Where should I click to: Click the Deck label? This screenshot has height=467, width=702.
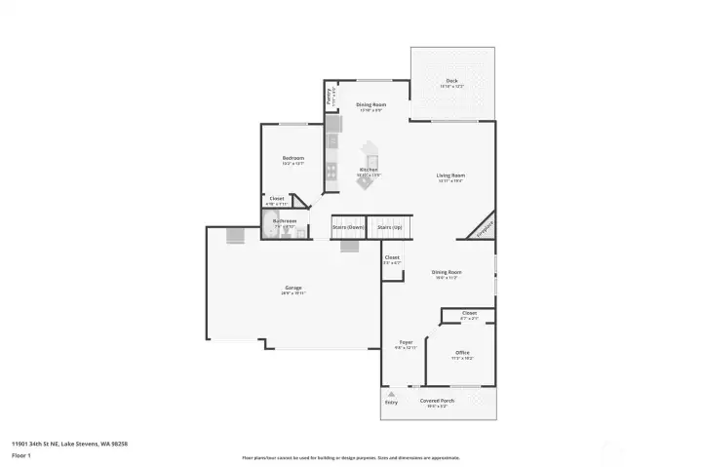point(451,81)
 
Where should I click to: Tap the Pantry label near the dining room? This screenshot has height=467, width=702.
point(329,97)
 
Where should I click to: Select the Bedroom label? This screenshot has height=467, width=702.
point(293,158)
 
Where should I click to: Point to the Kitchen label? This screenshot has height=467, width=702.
point(369,170)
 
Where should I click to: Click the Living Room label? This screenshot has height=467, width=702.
point(450,176)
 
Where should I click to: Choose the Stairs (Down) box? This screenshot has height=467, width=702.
point(347,227)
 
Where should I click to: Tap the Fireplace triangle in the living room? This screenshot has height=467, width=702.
point(485,227)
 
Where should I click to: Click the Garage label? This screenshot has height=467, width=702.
point(292,288)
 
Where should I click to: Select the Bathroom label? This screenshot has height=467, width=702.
point(285,221)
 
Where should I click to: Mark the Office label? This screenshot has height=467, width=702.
point(462,353)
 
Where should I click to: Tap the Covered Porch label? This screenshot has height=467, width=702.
point(437,401)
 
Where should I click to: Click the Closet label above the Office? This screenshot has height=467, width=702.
point(469,314)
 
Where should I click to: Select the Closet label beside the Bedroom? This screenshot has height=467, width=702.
point(276,199)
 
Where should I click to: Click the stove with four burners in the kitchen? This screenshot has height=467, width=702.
point(331,172)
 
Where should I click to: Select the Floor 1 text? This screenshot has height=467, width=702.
point(22,454)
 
